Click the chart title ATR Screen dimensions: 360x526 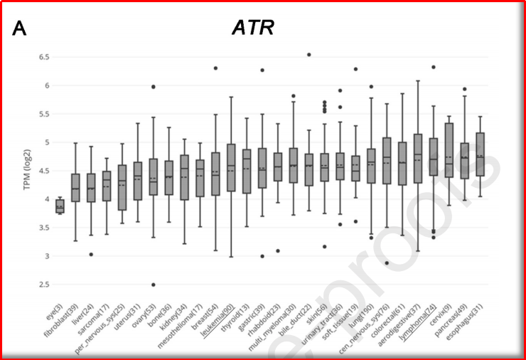(253, 28)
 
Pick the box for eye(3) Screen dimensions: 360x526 (60, 206)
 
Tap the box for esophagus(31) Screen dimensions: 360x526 (479, 154)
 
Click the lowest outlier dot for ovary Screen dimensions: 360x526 (153, 285)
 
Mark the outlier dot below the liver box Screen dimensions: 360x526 (91, 254)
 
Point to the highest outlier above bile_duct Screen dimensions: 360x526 (308, 55)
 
